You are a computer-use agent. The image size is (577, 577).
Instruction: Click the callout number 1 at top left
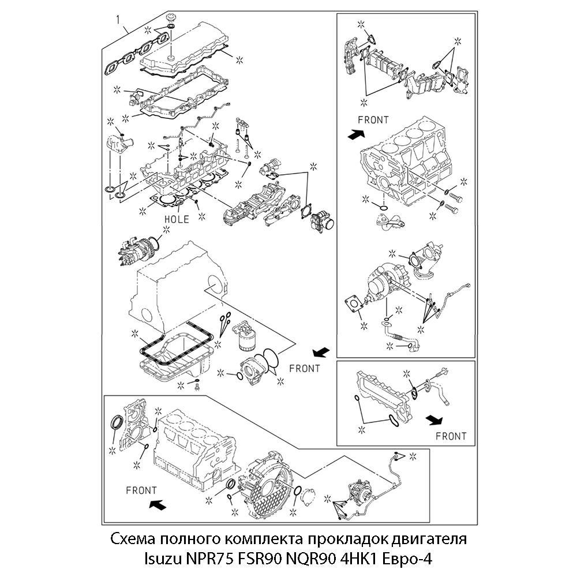click(118, 20)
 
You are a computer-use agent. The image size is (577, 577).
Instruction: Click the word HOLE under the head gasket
click(177, 219)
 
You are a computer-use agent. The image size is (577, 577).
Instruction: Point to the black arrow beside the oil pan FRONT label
click(321, 351)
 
